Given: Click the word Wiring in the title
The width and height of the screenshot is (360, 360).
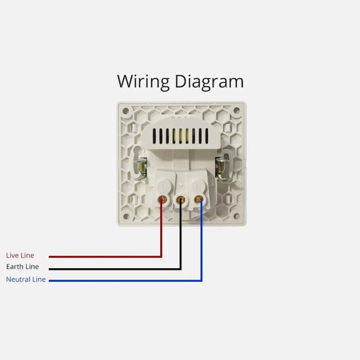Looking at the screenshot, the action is pyautogui.click(x=143, y=82).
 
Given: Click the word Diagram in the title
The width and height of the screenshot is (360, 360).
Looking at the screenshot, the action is pyautogui.click(x=209, y=82).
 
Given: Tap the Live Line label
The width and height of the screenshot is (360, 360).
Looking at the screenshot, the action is pyautogui.click(x=20, y=255).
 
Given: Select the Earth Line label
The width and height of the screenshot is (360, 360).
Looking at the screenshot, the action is pyautogui.click(x=22, y=267).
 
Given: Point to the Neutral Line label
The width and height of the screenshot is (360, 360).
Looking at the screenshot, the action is pyautogui.click(x=26, y=279).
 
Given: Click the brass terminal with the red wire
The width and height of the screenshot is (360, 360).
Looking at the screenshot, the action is pyautogui.click(x=163, y=199).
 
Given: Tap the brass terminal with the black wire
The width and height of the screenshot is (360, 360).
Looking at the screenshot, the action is pyautogui.click(x=181, y=200).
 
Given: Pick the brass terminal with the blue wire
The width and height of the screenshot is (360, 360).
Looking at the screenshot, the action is pyautogui.click(x=199, y=199).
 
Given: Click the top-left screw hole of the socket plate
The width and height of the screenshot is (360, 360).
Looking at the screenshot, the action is pyautogui.click(x=126, y=111).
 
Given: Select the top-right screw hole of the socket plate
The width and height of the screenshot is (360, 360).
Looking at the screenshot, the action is pyautogui.click(x=236, y=111).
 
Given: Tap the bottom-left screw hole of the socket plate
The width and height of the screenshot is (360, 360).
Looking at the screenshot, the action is pyautogui.click(x=126, y=216).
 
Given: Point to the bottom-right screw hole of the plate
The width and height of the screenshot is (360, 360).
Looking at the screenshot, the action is pyautogui.click(x=236, y=216).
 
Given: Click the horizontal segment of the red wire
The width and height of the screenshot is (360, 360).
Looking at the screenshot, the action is pyautogui.click(x=105, y=257).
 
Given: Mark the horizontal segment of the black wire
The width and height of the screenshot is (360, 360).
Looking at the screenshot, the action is pyautogui.click(x=115, y=269).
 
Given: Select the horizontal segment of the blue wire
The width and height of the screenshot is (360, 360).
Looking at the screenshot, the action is pyautogui.click(x=125, y=281).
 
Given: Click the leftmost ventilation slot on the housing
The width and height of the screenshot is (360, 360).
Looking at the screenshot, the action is pyautogui.click(x=154, y=136).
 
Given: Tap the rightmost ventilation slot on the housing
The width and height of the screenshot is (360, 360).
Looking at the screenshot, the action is pyautogui.click(x=207, y=136).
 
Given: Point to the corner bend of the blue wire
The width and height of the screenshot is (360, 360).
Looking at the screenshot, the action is pyautogui.click(x=201, y=281).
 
